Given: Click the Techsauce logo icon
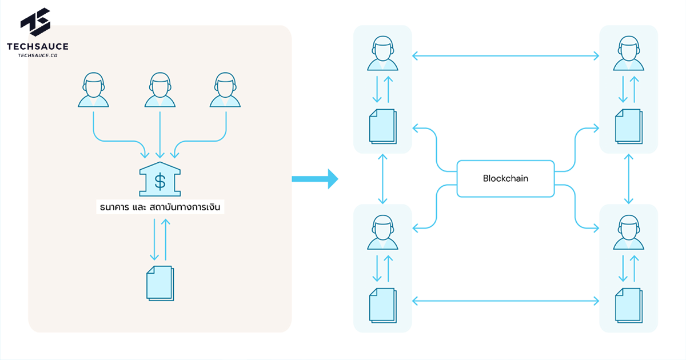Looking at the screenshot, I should pyautogui.click(x=36, y=22).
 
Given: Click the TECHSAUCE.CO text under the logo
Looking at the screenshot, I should pyautogui.click(x=38, y=55).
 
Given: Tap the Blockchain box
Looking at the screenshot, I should pyautogui.click(x=505, y=178).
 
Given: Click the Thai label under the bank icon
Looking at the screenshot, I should pyautogui.click(x=160, y=207).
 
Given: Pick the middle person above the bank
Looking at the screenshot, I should pyautogui.click(x=159, y=90).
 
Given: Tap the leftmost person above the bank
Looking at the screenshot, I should pyautogui.click(x=93, y=90).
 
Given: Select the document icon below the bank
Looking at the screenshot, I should pyautogui.click(x=160, y=283).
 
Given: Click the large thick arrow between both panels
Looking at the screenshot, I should pyautogui.click(x=314, y=179).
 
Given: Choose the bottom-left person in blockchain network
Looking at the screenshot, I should pyautogui.click(x=382, y=232).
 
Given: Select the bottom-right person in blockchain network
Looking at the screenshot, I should pyautogui.click(x=628, y=232).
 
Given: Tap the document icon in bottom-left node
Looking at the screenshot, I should pyautogui.click(x=382, y=305).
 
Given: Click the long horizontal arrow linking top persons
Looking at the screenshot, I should pyautogui.click(x=505, y=55).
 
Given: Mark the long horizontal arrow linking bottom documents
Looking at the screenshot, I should pyautogui.click(x=505, y=300).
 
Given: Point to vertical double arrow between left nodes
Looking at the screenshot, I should pyautogui.click(x=382, y=179).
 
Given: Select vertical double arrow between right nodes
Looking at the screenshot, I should pyautogui.click(x=629, y=179).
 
